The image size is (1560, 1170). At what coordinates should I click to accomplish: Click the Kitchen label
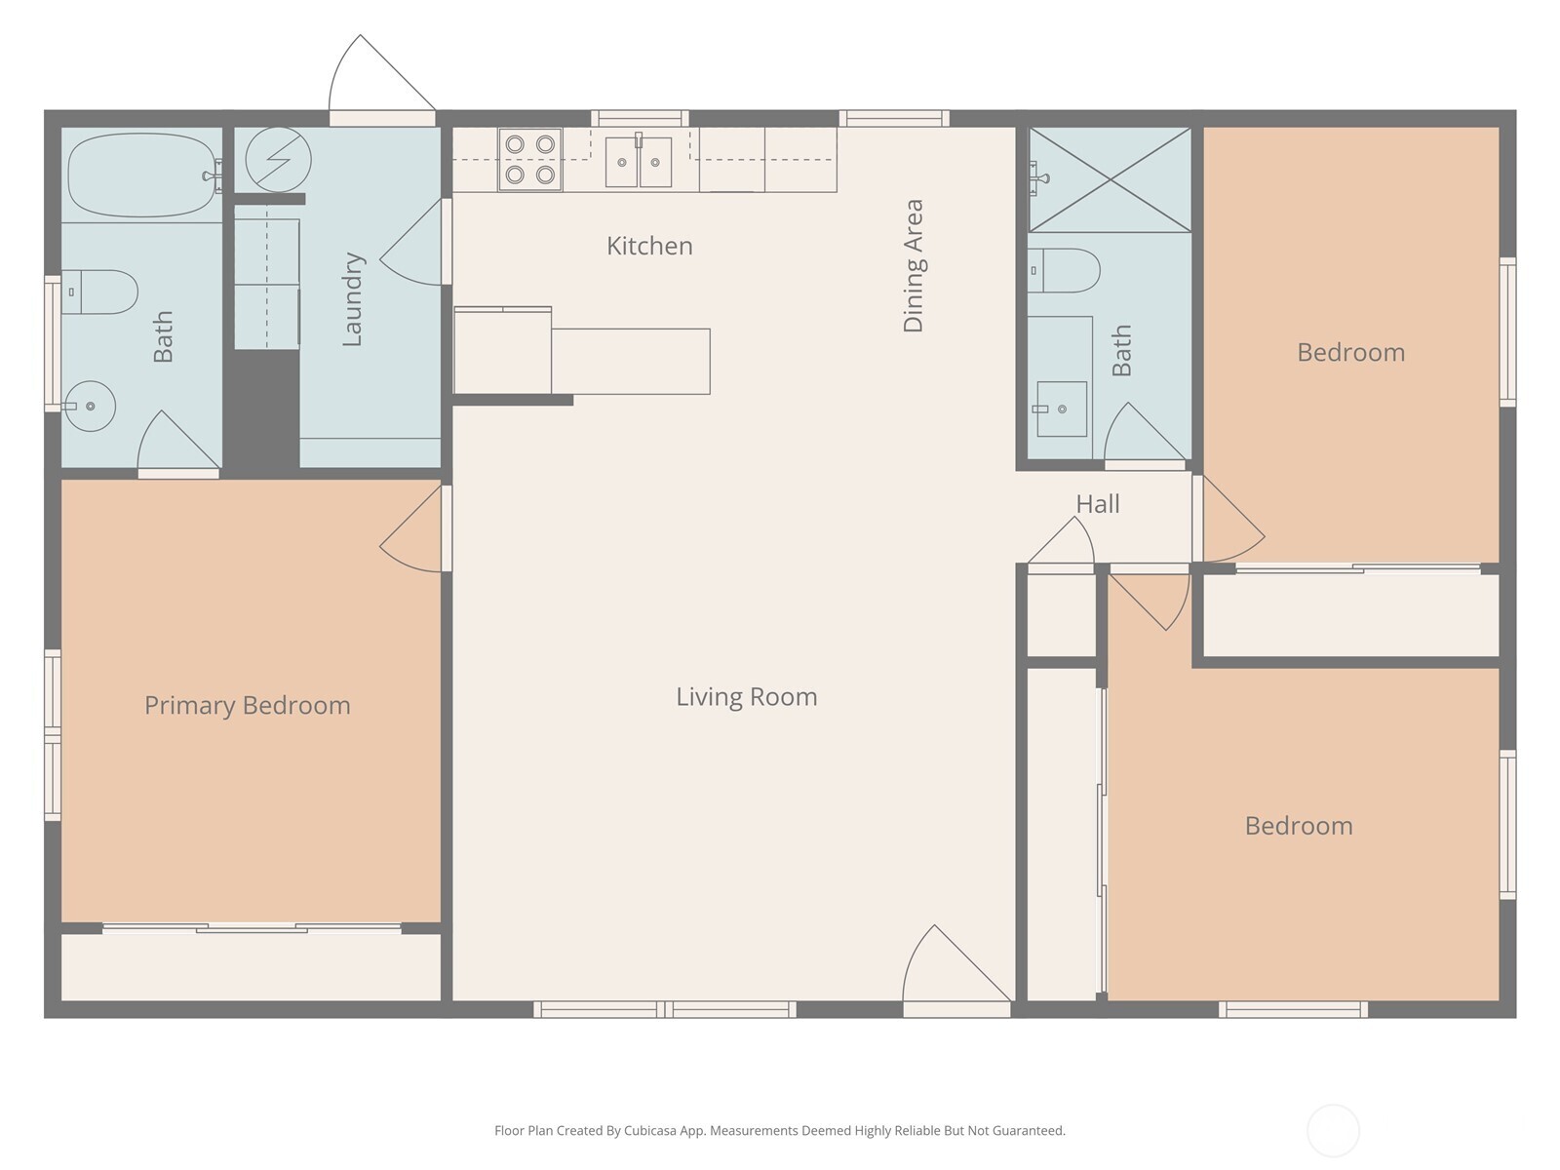(x=649, y=246)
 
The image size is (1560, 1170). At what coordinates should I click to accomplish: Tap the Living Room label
(x=747, y=697)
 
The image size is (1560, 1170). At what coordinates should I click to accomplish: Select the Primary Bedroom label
(x=248, y=705)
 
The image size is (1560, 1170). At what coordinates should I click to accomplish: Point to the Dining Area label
(x=914, y=266)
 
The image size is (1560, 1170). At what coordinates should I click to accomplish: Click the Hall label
(x=1098, y=504)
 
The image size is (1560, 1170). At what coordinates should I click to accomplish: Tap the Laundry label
(x=353, y=299)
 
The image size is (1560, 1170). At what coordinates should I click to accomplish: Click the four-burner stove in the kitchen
(x=529, y=159)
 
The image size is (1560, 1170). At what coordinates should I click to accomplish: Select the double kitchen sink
(x=639, y=162)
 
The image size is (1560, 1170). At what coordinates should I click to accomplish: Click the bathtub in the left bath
(x=142, y=175)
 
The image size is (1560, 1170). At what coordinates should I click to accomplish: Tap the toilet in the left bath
(x=101, y=292)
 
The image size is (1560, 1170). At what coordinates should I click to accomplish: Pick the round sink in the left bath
(x=91, y=406)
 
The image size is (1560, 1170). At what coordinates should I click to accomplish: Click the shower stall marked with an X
(x=1111, y=180)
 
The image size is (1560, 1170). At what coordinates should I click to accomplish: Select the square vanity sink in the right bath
(x=1061, y=409)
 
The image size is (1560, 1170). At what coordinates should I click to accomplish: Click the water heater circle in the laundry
(x=278, y=159)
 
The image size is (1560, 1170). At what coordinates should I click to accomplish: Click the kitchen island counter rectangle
(x=631, y=362)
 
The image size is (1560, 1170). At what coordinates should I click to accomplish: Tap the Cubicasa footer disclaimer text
(x=779, y=1131)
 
